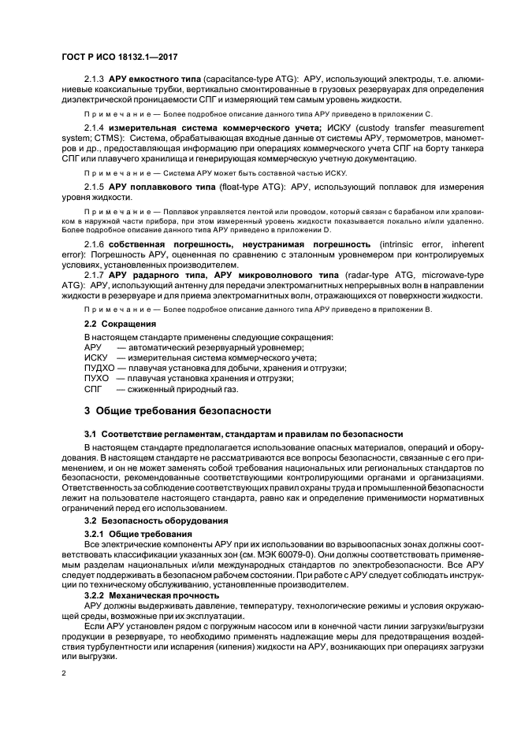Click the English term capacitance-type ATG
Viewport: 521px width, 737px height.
(x=247, y=82)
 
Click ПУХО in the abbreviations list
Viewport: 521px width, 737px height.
(x=96, y=378)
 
